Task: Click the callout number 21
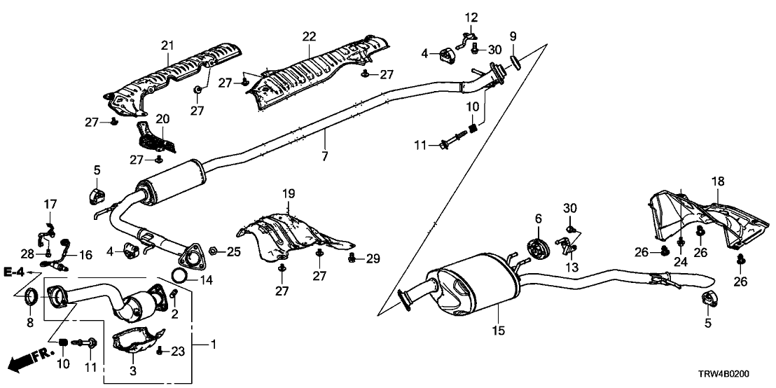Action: [x=166, y=46]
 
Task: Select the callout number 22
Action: [x=310, y=36]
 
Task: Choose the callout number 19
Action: [x=287, y=193]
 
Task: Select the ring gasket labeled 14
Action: [x=179, y=275]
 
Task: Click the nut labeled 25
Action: [x=215, y=251]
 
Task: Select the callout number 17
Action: [x=50, y=205]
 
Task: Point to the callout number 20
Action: [x=162, y=118]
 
